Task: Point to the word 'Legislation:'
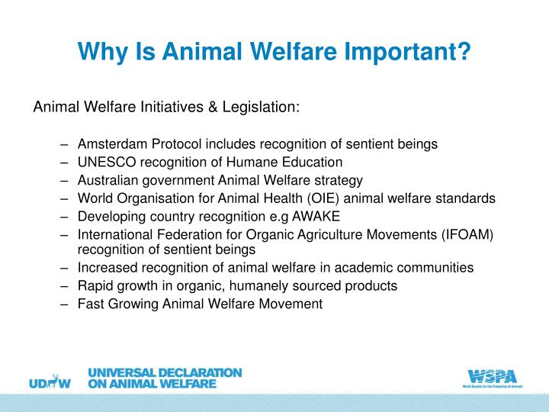coord(262,108)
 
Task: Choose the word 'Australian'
coord(107,180)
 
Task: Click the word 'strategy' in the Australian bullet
coord(339,180)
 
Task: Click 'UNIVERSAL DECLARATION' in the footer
coord(165,373)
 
